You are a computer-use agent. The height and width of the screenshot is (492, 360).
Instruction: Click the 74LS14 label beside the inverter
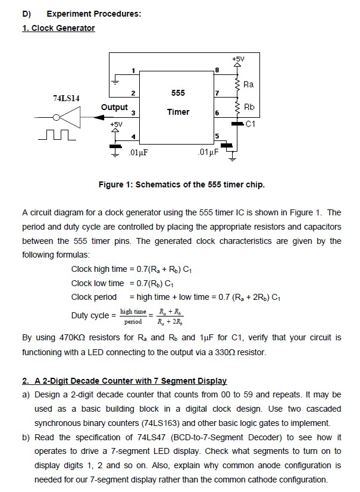coord(66,98)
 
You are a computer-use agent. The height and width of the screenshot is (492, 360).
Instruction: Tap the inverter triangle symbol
coord(70,117)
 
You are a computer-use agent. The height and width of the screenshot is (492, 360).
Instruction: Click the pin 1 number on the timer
coord(133,71)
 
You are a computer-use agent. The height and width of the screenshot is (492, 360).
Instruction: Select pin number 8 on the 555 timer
coord(217,70)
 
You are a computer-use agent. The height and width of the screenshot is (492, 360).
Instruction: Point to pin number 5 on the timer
coord(217,136)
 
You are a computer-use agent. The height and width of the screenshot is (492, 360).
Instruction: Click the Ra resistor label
coord(249,84)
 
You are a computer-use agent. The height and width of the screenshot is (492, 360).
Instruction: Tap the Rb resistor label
coord(249,107)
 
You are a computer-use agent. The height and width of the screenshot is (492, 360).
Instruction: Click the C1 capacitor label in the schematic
coord(251,124)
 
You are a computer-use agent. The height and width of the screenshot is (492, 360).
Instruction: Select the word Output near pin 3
coord(114,108)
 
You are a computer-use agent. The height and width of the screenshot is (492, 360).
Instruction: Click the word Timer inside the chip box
coord(179,112)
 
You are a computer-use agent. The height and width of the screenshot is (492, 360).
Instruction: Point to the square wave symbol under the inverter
coord(57,135)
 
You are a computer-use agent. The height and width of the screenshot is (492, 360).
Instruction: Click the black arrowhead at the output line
coord(99,117)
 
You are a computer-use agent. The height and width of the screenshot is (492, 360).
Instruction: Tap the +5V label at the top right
coord(238,59)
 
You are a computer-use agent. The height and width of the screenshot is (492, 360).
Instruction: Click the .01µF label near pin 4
coord(138,153)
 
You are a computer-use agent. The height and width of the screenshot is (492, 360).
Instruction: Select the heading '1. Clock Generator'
coord(58,28)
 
